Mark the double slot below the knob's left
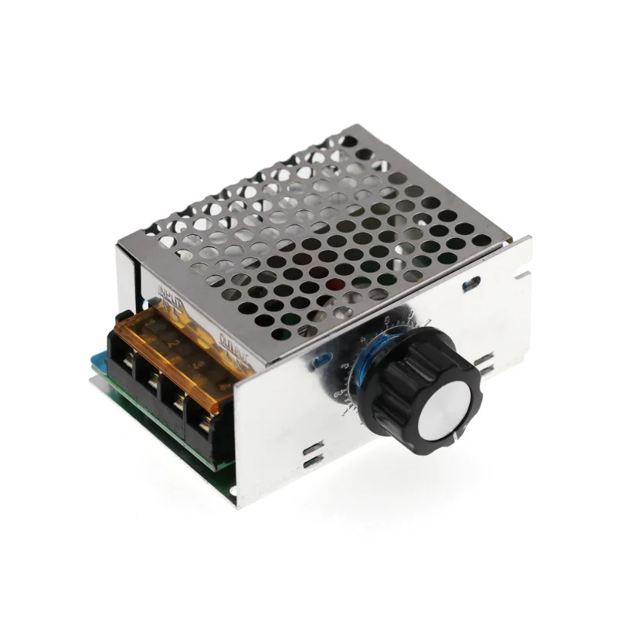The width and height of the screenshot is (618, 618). pos(312,456)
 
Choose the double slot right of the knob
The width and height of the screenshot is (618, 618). pos(486,360)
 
